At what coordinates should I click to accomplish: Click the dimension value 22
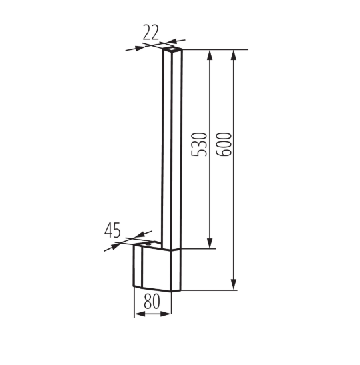tap(150, 32)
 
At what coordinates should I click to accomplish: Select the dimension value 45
tap(112, 230)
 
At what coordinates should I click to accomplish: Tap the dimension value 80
tap(152, 301)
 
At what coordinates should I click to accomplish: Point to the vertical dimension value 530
tap(198, 144)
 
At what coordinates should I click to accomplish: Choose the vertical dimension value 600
tap(224, 144)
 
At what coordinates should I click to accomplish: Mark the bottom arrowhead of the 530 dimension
tap(210, 244)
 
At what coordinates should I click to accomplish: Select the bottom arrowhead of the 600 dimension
tap(234, 285)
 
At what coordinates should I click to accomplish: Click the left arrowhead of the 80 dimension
tap(140, 314)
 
